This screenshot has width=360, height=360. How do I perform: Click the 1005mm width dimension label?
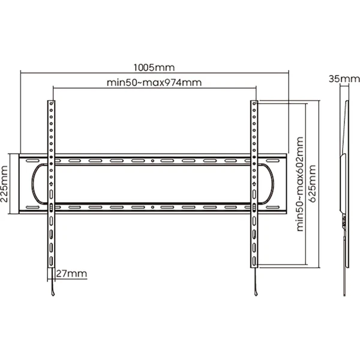coord(154,67)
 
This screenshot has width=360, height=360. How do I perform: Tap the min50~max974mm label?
coord(154,82)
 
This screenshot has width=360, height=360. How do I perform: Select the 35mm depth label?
coord(344,79)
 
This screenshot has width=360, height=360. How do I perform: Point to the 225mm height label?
coord(4,184)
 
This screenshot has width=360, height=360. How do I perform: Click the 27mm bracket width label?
coord(71,274)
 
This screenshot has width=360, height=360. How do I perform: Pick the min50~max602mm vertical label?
coord(300,184)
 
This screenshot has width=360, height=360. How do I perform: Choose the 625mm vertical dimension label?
coord(313,184)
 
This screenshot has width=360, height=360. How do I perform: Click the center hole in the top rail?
coord(152,161)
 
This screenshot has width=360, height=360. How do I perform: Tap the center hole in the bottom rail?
coord(152,208)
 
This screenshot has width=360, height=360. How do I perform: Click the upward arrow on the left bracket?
coord(51,184)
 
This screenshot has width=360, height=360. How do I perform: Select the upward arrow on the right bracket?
coord(254,184)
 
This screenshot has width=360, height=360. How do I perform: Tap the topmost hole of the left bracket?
coord(51,104)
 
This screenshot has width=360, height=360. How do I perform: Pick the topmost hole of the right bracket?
coord(254,104)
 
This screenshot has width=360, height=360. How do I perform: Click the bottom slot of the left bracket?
coord(51,261)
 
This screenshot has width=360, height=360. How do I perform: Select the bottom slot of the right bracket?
coord(254,261)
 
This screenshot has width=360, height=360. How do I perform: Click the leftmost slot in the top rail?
coord(33,161)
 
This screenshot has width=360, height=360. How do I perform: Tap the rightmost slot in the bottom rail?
coord(273,208)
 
